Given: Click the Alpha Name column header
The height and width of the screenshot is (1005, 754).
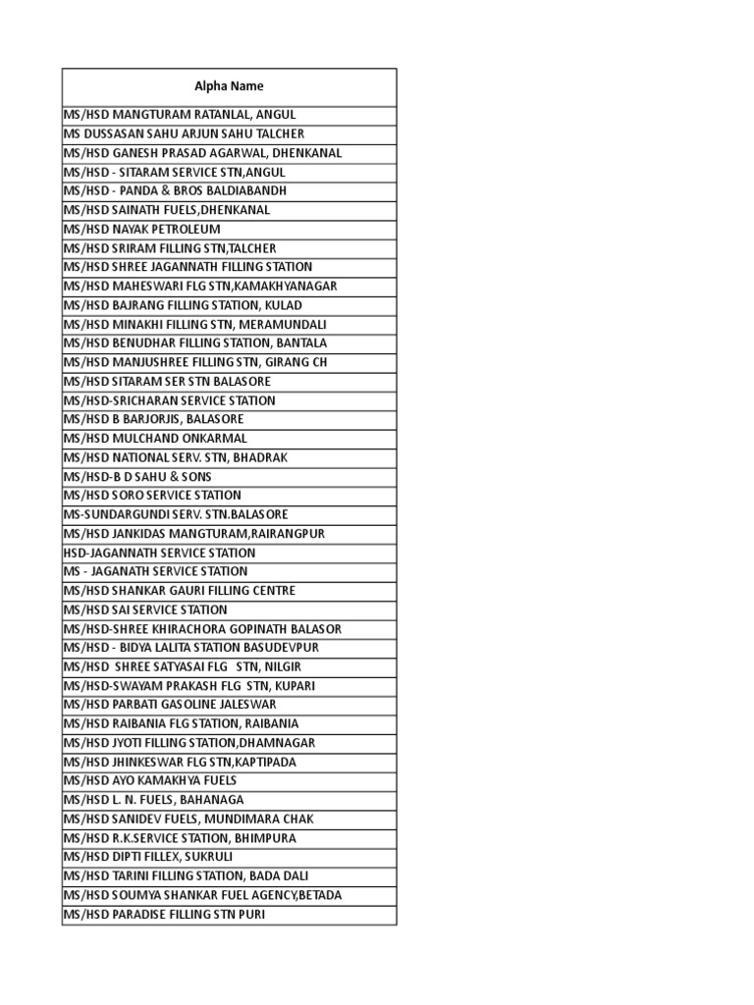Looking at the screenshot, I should (x=229, y=86).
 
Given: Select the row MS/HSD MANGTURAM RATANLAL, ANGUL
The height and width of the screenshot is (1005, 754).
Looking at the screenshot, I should (x=180, y=115).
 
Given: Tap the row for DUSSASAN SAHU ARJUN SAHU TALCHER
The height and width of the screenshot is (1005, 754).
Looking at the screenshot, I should (x=184, y=133).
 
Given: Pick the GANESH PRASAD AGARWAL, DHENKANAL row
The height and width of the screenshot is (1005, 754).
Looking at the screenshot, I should (x=202, y=153).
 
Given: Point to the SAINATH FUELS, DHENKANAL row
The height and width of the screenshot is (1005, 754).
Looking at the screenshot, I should (x=166, y=210).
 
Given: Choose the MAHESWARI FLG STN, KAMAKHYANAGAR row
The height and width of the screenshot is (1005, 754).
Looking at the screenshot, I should (x=199, y=286).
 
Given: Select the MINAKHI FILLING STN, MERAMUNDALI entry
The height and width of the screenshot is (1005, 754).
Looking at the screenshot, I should (x=194, y=324).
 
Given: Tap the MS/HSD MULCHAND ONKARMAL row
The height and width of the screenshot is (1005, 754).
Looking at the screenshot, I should (x=155, y=438).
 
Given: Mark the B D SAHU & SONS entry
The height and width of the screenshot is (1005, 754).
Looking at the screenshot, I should (x=137, y=476).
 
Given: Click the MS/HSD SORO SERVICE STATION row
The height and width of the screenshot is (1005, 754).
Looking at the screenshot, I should (x=152, y=495).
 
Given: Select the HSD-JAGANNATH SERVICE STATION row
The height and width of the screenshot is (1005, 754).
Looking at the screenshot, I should (x=159, y=553).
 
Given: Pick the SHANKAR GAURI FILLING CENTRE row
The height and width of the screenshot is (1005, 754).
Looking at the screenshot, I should (x=179, y=591).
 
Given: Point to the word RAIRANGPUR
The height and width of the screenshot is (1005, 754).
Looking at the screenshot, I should (x=290, y=533).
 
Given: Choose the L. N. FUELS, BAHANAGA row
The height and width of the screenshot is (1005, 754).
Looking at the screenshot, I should (x=153, y=800).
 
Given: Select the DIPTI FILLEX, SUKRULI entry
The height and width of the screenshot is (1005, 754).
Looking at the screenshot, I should (x=148, y=857).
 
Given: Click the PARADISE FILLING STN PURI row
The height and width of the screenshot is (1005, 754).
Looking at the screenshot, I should (x=164, y=915).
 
